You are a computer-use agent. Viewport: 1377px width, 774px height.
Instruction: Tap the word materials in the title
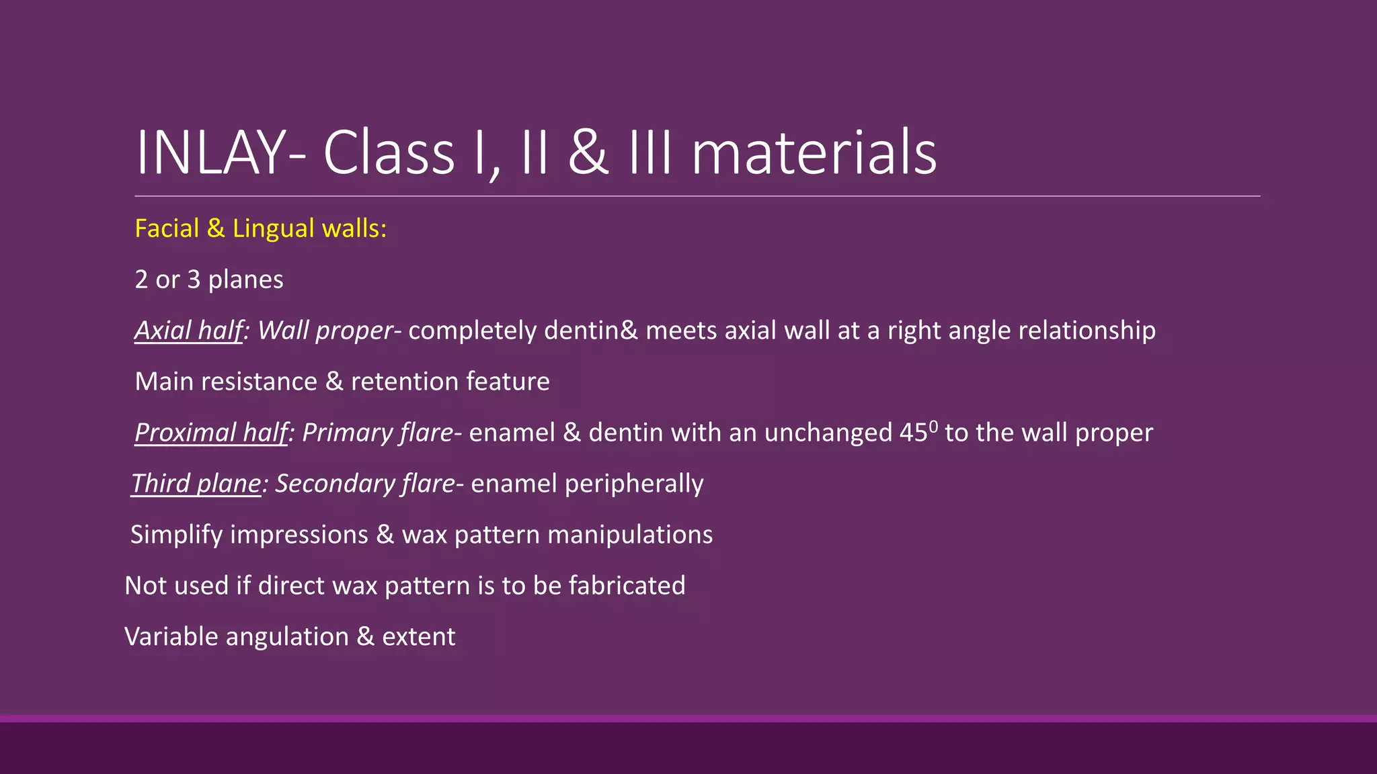click(814, 153)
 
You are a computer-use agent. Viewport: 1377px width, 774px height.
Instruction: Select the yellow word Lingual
click(273, 228)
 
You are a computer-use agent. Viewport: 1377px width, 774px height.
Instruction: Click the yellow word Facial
click(167, 228)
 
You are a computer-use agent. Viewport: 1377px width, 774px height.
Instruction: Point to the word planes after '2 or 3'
click(245, 279)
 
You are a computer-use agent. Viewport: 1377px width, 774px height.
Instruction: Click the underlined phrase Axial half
click(188, 331)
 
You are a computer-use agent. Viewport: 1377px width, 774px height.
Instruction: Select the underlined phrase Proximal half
click(211, 433)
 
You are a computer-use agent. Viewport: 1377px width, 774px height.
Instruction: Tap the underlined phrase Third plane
click(196, 484)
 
